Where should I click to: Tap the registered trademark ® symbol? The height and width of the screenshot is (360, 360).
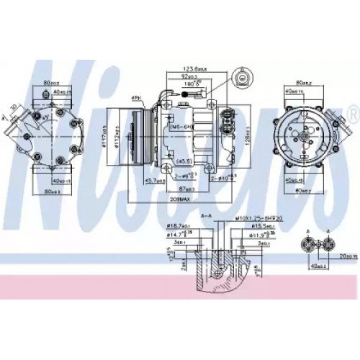click(352, 113)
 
